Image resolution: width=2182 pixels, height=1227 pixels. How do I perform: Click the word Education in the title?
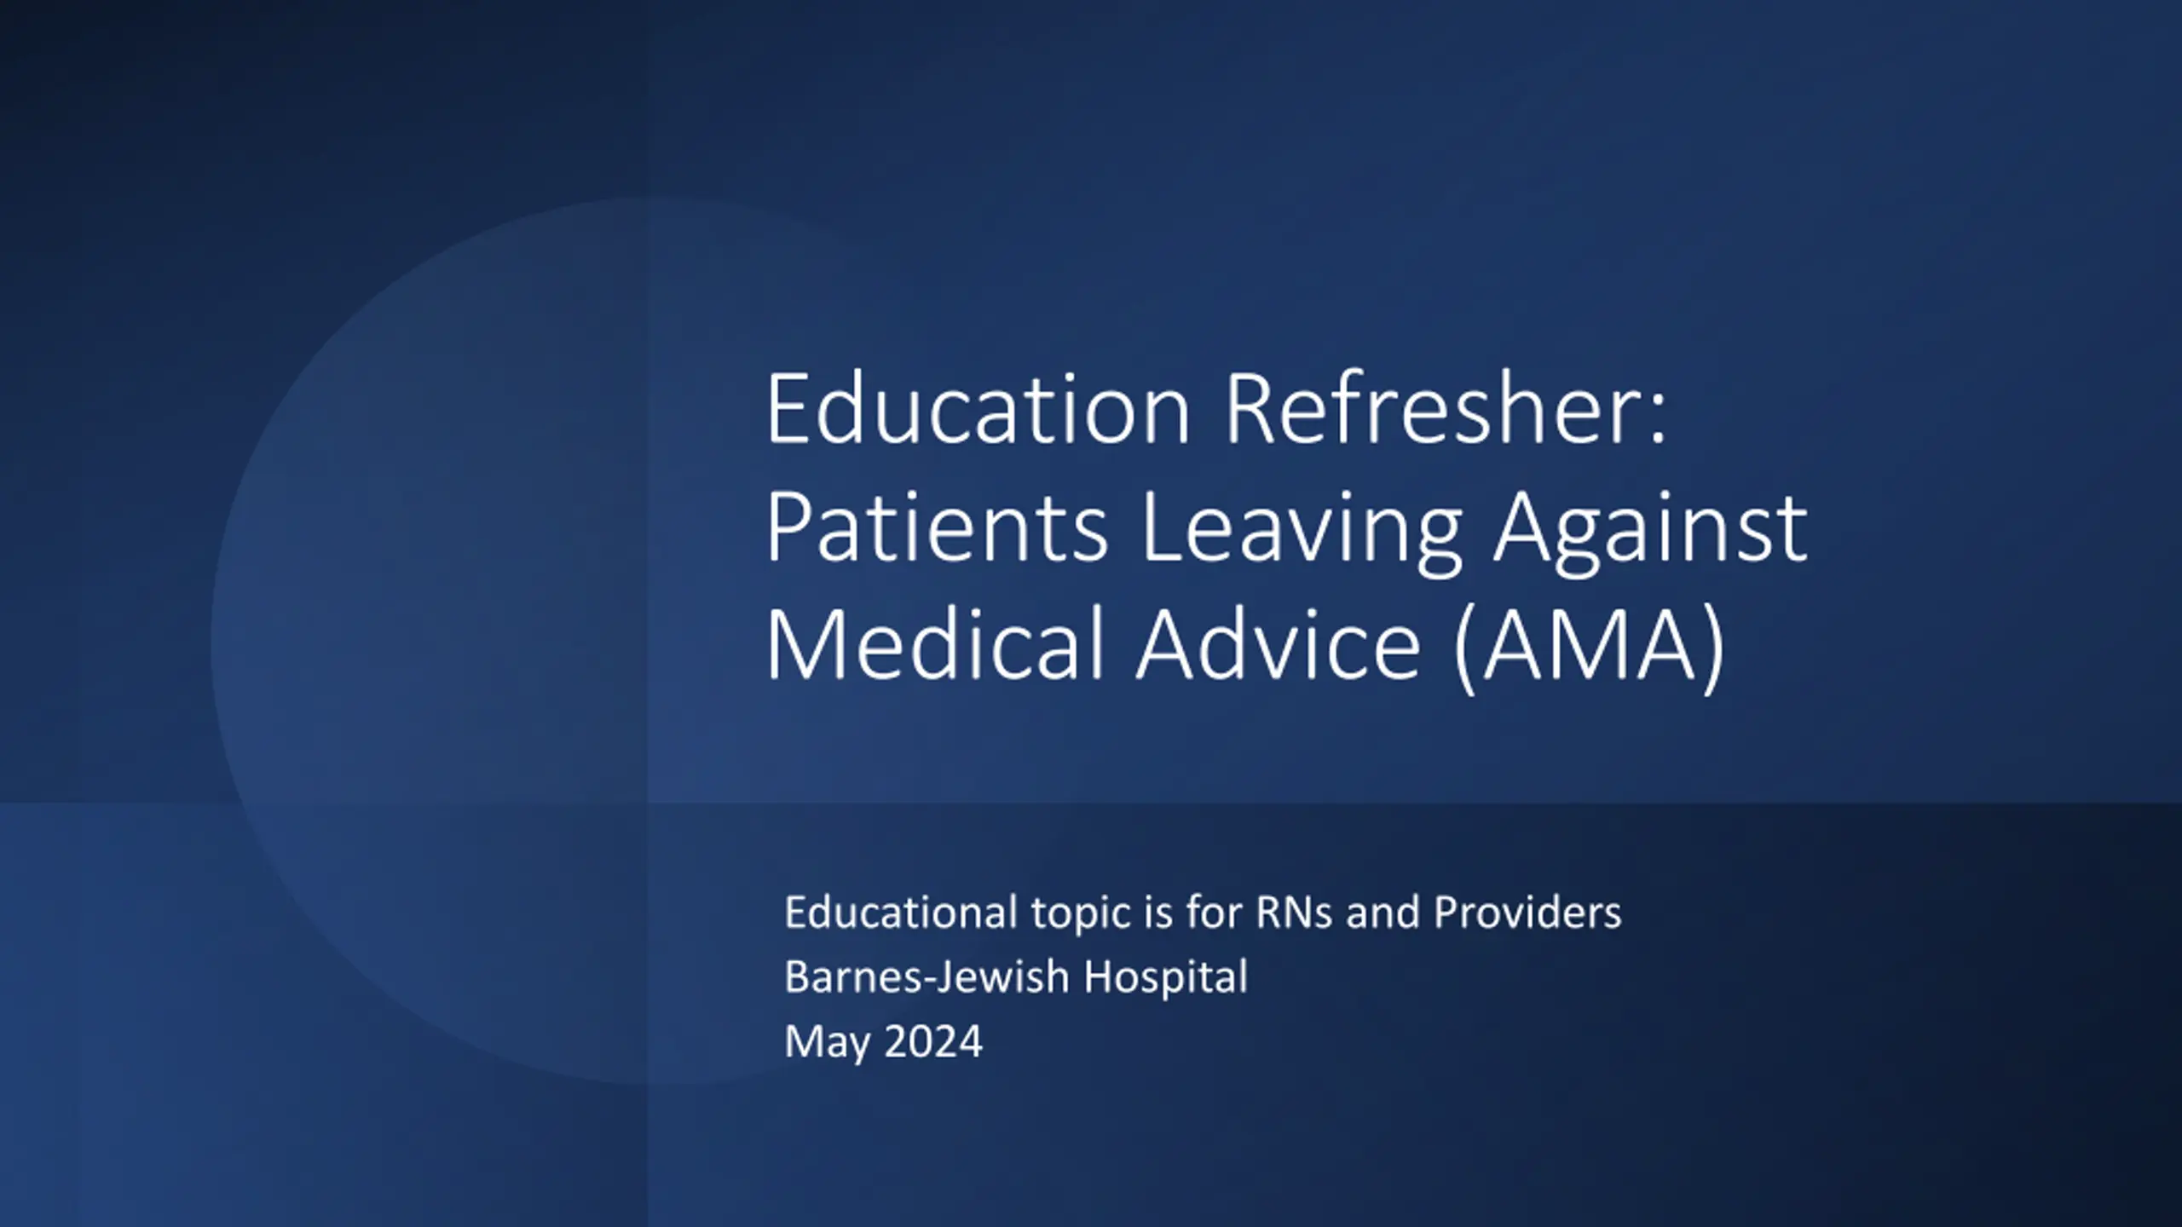tap(978, 408)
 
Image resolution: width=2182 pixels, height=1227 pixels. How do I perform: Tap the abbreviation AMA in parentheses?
tap(1589, 645)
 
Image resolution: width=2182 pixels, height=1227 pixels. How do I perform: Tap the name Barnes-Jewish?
tap(926, 976)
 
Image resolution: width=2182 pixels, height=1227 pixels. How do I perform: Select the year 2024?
tap(933, 1041)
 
